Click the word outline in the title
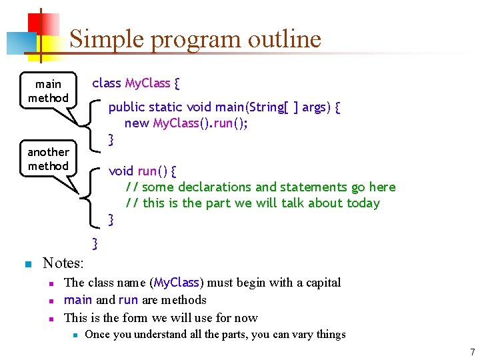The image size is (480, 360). (285, 39)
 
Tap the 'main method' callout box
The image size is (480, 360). (48, 91)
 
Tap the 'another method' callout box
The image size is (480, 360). (48, 159)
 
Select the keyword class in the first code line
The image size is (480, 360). (106, 83)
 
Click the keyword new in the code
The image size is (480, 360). (137, 123)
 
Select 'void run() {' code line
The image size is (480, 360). (142, 171)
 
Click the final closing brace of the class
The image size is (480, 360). (95, 243)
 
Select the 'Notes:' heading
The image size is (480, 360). (63, 263)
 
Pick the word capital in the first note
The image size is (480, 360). (320, 283)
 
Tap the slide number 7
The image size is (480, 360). (472, 352)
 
